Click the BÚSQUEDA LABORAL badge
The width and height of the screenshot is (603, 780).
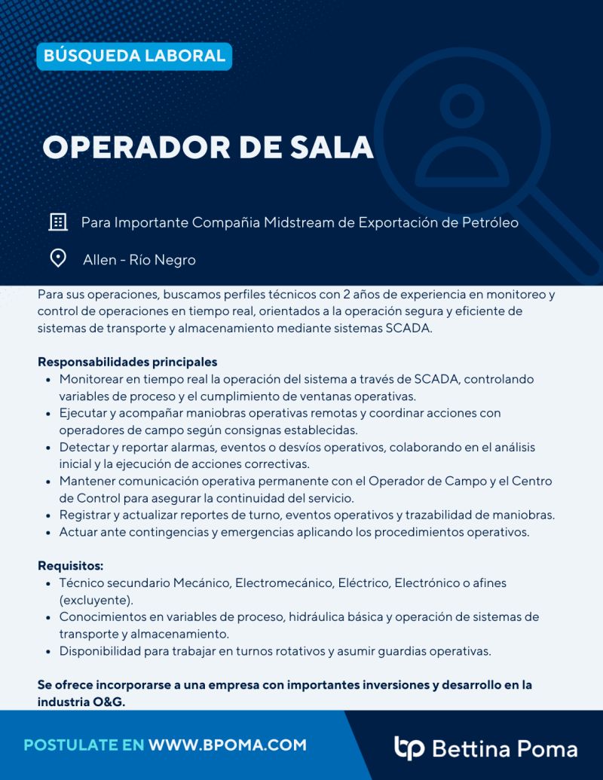point(134,56)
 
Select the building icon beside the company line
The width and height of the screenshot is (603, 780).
point(58,222)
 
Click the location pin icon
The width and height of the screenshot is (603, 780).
point(58,259)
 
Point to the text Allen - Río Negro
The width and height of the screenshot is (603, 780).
point(139,260)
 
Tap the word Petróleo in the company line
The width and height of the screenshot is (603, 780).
point(489,223)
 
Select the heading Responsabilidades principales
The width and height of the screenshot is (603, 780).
point(127,362)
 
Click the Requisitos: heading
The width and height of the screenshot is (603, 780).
point(70,566)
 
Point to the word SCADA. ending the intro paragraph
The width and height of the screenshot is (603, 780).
point(410,329)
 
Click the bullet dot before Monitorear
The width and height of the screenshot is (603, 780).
point(48,380)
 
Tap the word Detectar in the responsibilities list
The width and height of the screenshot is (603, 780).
point(84,448)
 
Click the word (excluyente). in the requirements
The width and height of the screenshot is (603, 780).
point(96,601)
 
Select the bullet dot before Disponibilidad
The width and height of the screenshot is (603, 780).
point(48,651)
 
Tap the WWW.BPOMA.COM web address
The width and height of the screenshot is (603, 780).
point(228,745)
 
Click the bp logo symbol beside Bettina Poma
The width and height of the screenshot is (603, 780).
point(409,748)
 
